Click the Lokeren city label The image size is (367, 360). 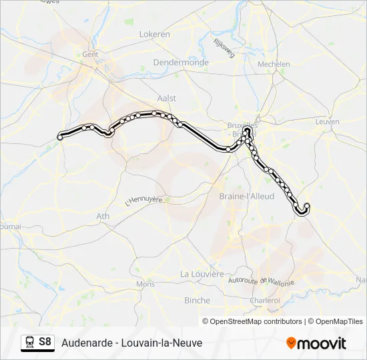click(154, 34)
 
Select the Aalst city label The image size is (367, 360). click(167, 98)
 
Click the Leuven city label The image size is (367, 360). click(328, 122)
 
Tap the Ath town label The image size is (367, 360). click(103, 216)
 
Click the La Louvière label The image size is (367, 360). click(202, 274)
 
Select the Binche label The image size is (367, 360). click(197, 301)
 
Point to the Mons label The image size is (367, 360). click(145, 284)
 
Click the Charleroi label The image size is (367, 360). click(265, 301)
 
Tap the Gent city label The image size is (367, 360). click(90, 55)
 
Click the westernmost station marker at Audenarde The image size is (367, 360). click(60, 137)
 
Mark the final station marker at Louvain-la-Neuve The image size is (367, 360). click(307, 206)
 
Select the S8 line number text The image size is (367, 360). click(45, 342)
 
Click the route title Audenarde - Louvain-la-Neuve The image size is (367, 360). click(131, 343)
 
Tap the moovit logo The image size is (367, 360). click(316, 343)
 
